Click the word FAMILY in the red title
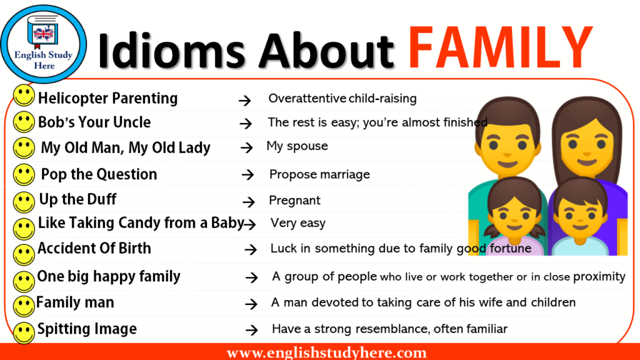(501, 47)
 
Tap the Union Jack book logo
(43, 31)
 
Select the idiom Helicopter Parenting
(107, 98)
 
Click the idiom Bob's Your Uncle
(94, 122)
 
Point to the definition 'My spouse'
(297, 146)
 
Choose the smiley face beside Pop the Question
(24, 175)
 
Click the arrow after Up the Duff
(249, 201)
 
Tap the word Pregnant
(295, 201)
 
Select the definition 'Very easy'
(298, 223)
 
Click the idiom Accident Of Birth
(94, 248)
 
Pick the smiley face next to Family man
(24, 306)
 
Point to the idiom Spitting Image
(87, 329)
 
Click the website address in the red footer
(326, 352)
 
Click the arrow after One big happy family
(252, 278)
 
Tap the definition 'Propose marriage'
(319, 175)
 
